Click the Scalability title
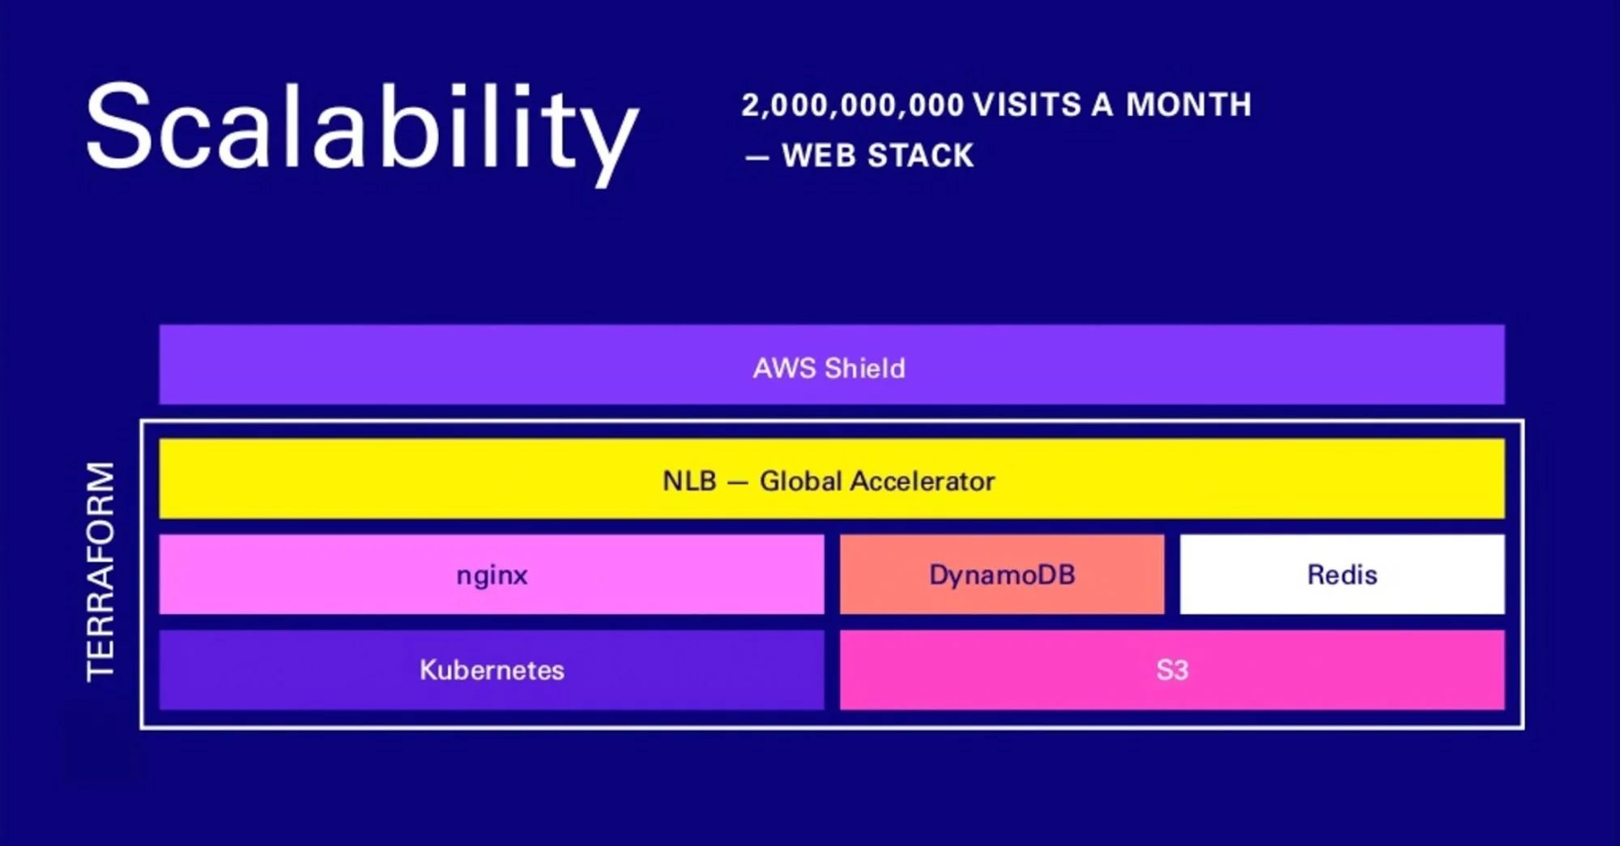pyautogui.click(x=361, y=130)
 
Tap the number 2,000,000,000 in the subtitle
pyautogui.click(x=852, y=105)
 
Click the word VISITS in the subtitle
pyautogui.click(x=1026, y=105)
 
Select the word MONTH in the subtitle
pyautogui.click(x=1188, y=105)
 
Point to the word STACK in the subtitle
pyautogui.click(x=920, y=156)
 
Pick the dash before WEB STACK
pyautogui.click(x=757, y=157)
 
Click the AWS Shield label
pyautogui.click(x=829, y=368)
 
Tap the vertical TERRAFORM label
pyautogui.click(x=101, y=571)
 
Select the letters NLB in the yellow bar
pyautogui.click(x=689, y=481)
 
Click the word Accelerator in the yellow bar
pyautogui.click(x=923, y=481)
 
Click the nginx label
pyautogui.click(x=492, y=575)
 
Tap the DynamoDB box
pyautogui.click(x=1002, y=575)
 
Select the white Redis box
pyautogui.click(x=1341, y=575)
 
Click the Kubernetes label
pyautogui.click(x=492, y=670)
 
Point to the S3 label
pyautogui.click(x=1171, y=670)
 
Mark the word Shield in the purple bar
pyautogui.click(x=864, y=368)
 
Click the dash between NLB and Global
pyautogui.click(x=737, y=483)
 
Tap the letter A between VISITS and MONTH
pyautogui.click(x=1102, y=105)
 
